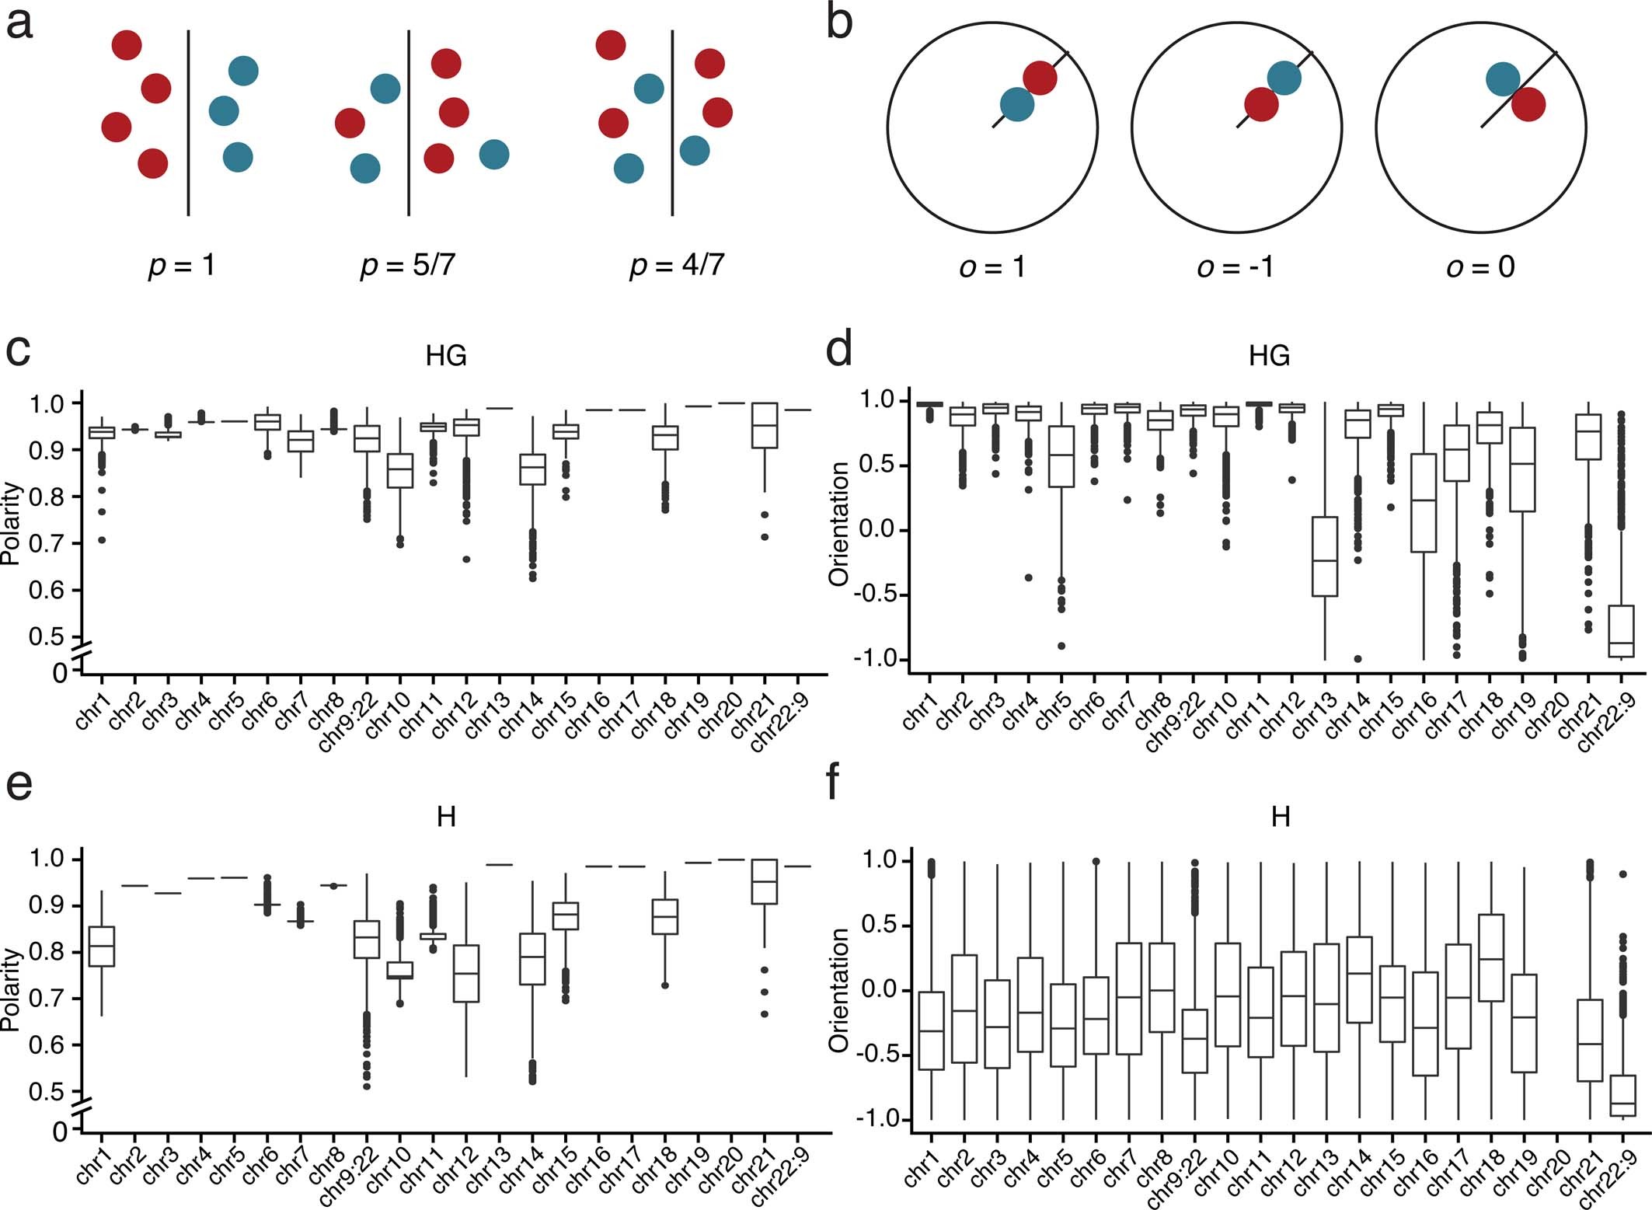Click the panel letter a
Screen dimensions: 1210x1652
point(19,23)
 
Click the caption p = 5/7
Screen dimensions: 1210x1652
point(407,266)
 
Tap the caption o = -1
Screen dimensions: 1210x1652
point(1235,267)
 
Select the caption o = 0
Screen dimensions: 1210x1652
point(1480,267)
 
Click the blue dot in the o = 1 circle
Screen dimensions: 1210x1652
point(1016,104)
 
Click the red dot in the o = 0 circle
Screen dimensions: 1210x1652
point(1528,105)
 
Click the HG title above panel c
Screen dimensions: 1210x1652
point(446,356)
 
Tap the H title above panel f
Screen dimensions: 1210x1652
point(1280,817)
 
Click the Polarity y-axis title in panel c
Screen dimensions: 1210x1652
point(11,523)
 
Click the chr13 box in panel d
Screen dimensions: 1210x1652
point(1324,556)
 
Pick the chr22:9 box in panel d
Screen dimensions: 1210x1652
point(1621,631)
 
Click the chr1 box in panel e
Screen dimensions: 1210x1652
point(102,947)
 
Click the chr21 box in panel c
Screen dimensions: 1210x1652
point(765,425)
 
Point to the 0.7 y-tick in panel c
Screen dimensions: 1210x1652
point(48,543)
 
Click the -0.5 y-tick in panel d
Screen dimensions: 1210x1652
point(873,595)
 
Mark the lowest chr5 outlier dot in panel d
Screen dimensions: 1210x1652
point(1061,646)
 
